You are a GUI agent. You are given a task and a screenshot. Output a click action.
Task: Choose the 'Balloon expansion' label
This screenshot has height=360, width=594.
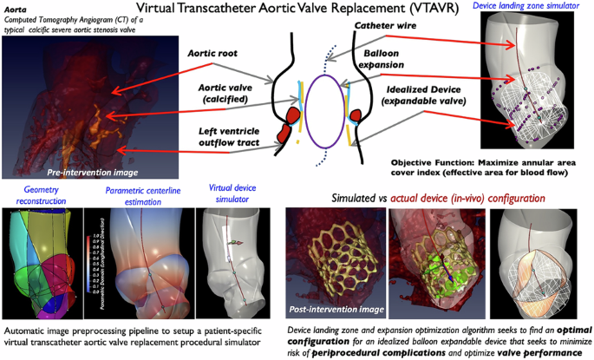tap(381, 59)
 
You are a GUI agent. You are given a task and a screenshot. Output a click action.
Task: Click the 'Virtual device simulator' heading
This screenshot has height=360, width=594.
tap(232, 195)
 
